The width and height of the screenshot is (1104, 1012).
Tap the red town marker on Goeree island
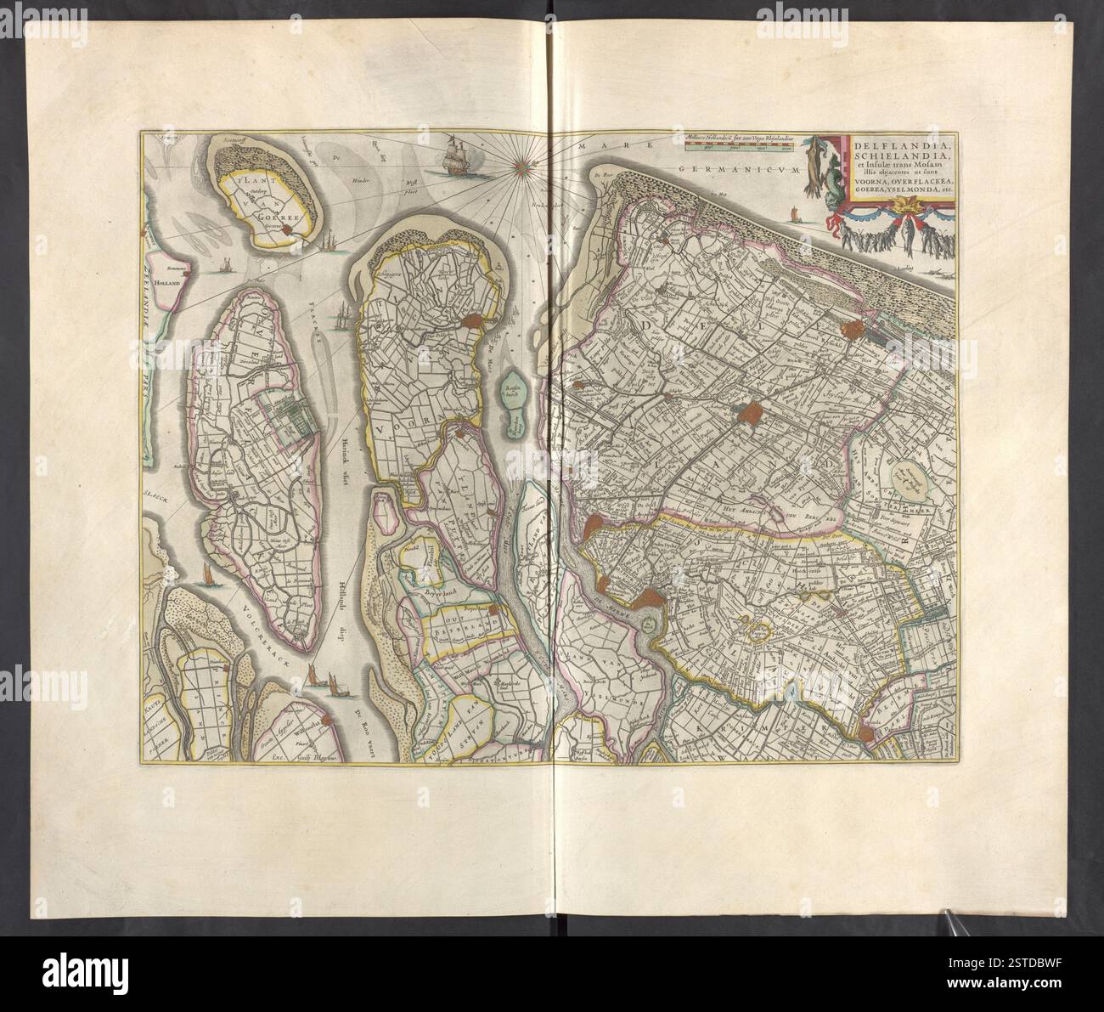287,229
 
